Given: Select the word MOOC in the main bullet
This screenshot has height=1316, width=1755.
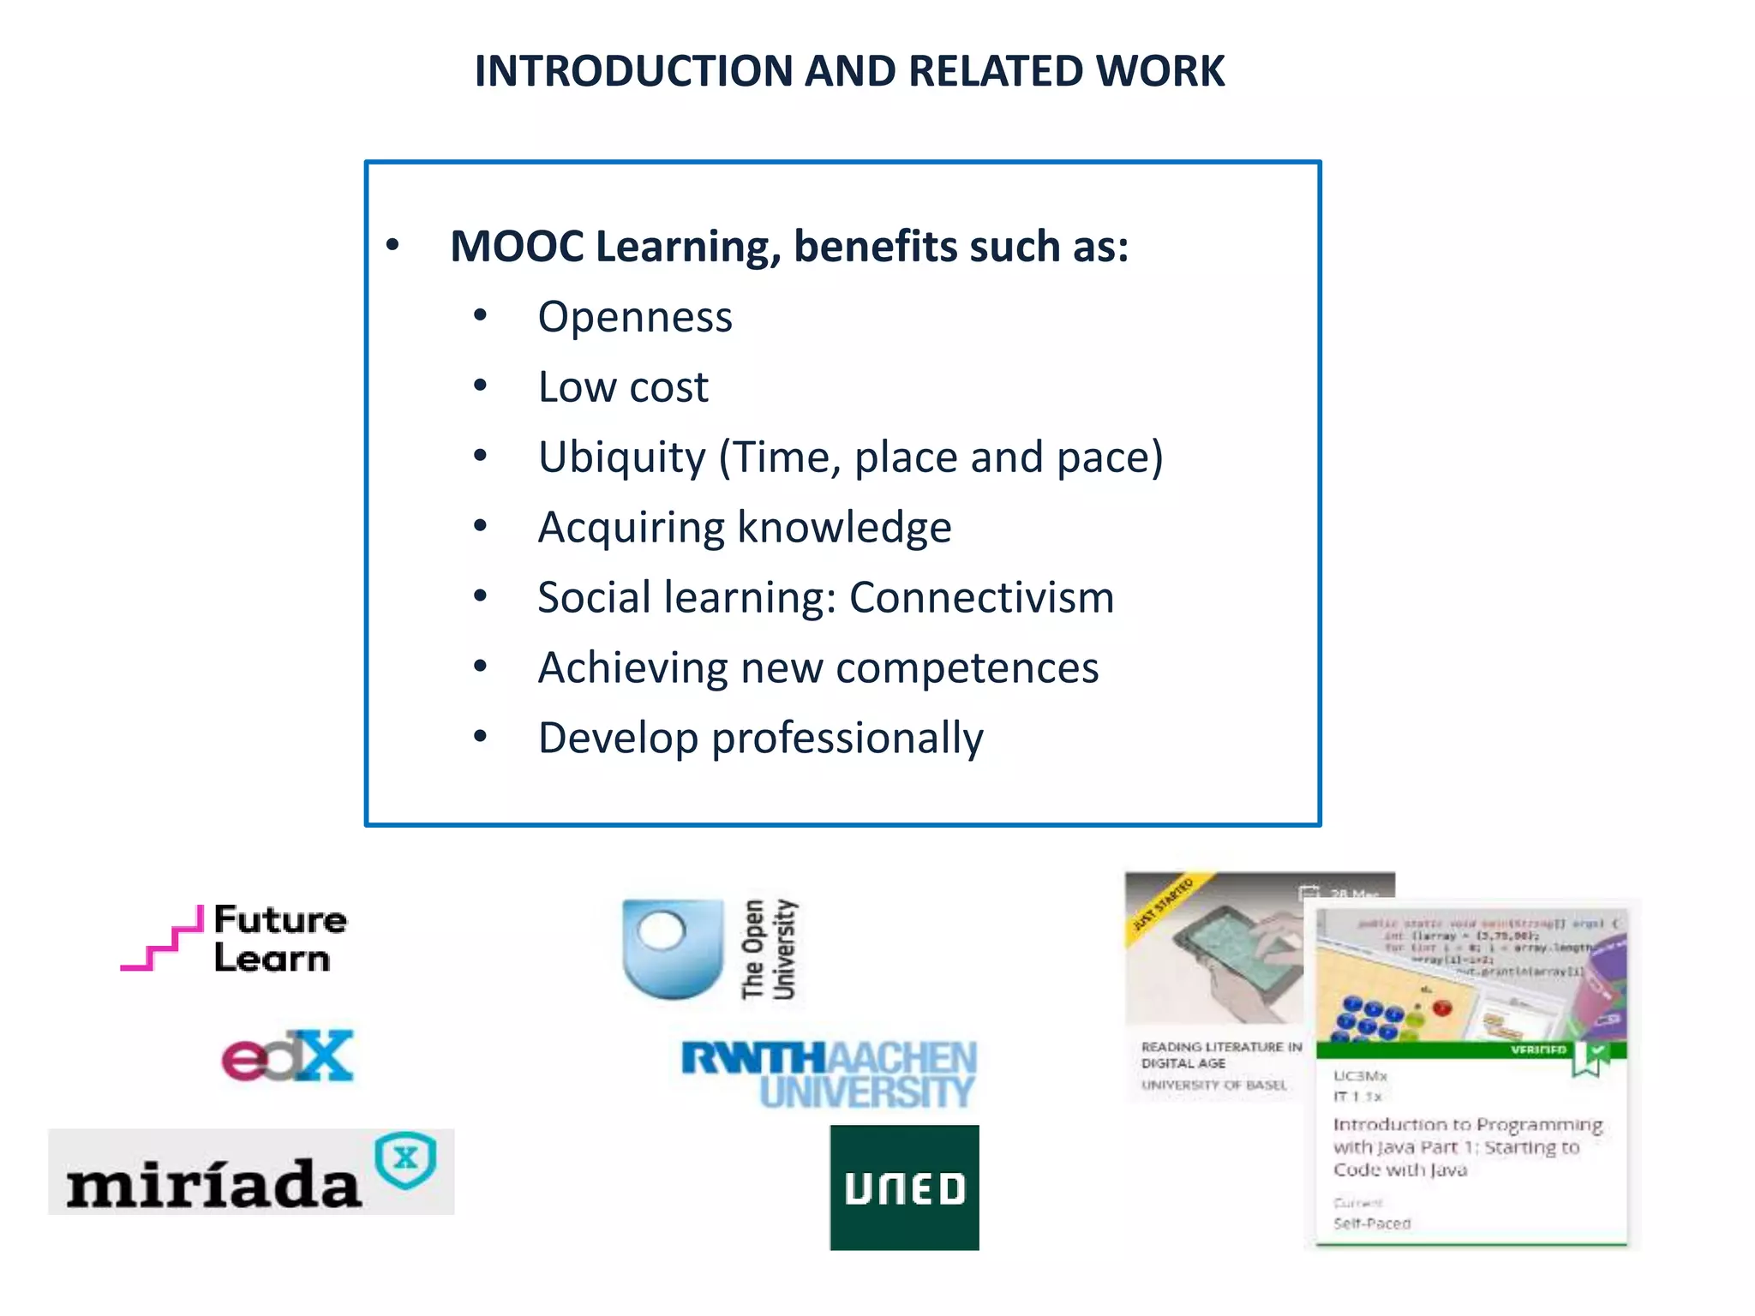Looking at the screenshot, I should (x=517, y=247).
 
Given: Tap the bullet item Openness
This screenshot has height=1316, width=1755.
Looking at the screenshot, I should (x=635, y=317).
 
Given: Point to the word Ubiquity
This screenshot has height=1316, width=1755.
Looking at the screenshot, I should (x=621, y=458).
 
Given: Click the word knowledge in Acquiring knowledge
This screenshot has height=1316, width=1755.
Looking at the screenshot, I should (x=844, y=528).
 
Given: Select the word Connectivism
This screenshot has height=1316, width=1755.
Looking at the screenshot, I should (x=981, y=597).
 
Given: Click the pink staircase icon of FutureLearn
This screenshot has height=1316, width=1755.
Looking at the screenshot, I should (x=163, y=940).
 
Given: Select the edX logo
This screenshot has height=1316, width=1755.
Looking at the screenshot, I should (x=287, y=1056).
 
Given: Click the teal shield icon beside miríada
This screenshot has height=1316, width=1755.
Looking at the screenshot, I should (x=406, y=1160).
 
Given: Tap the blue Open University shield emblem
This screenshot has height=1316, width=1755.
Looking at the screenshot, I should (x=672, y=947).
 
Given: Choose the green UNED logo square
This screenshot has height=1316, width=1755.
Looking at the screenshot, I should (x=904, y=1187).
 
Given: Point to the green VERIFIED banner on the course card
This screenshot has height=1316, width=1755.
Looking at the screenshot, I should (x=1470, y=1050).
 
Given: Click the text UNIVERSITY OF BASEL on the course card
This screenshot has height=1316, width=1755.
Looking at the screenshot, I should (x=1213, y=1085).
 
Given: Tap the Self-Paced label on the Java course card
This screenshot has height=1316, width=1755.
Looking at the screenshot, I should (x=1371, y=1223).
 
